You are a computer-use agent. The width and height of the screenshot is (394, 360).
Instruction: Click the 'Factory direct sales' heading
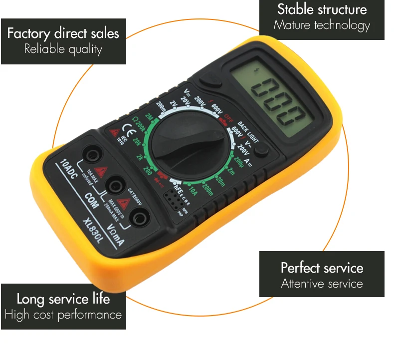click(63, 33)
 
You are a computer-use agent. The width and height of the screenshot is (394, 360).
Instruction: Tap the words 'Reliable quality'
click(63, 49)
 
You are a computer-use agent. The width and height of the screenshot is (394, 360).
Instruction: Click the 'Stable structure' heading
click(322, 9)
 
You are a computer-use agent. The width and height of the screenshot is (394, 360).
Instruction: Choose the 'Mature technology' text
click(322, 24)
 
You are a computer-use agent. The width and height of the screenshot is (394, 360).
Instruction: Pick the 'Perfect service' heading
click(322, 268)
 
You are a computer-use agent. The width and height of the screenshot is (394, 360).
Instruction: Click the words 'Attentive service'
click(322, 284)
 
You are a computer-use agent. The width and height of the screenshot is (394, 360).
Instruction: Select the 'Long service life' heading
click(63, 299)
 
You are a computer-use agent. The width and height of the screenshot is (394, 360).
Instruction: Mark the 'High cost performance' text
click(63, 315)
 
